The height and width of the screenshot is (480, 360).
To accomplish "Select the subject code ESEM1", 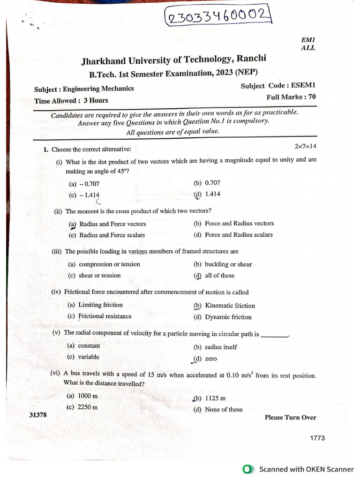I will (303, 86).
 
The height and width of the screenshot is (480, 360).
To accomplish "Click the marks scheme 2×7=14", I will (305, 146).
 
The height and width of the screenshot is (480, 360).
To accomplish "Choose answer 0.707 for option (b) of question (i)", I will (212, 183).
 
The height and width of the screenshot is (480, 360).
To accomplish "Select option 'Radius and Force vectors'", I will (112, 224).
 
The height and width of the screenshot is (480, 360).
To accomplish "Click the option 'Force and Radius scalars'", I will (239, 235).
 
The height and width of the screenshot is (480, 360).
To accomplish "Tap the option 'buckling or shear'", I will (228, 264).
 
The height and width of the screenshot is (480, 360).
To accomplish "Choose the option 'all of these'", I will (219, 276).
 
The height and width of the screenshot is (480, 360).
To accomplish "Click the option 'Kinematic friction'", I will (230, 306).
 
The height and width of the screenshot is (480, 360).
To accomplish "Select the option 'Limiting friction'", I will (100, 305).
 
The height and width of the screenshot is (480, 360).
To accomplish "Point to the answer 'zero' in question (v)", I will (211, 359).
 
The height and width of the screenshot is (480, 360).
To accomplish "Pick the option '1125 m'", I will (215, 398).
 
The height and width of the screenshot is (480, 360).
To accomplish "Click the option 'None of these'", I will (224, 409).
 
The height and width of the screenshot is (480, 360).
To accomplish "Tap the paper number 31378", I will (38, 415).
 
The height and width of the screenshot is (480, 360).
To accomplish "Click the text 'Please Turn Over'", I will (290, 418).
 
